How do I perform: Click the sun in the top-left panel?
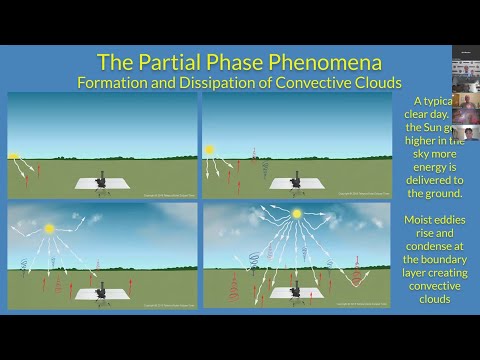(14, 156)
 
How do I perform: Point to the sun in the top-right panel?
(210, 150)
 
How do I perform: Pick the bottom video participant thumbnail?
(465, 128)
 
